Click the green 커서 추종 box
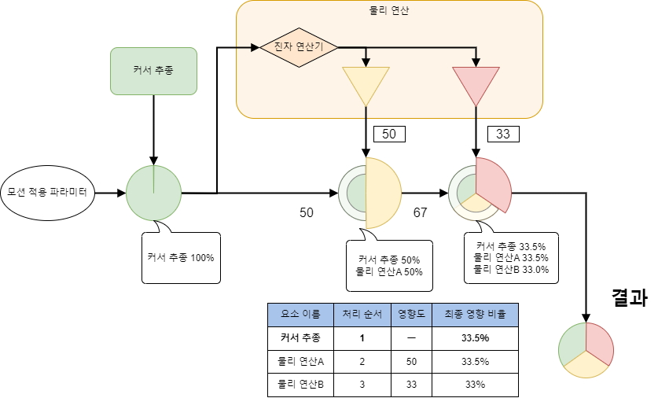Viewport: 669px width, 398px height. pyautogui.click(x=153, y=71)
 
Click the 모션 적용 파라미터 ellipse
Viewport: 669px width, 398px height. pyautogui.click(x=47, y=192)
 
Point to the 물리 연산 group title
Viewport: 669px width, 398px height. pyautogui.click(x=389, y=11)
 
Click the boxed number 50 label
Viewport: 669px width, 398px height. pyautogui.click(x=389, y=135)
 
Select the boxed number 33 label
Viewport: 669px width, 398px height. pyautogui.click(x=503, y=135)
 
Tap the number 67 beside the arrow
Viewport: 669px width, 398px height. pyautogui.click(x=421, y=213)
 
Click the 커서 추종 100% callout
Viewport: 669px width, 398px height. pyautogui.click(x=181, y=257)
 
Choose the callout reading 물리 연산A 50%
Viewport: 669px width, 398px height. pyautogui.click(x=390, y=266)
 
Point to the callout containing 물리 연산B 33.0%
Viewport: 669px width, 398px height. pyautogui.click(x=512, y=257)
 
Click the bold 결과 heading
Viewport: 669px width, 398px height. pyautogui.click(x=629, y=298)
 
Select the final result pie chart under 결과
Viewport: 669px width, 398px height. pyautogui.click(x=586, y=350)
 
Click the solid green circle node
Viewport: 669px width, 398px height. pyautogui.click(x=153, y=193)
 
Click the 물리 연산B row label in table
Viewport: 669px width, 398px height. pyautogui.click(x=300, y=385)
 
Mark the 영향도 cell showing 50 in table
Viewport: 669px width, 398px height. pyautogui.click(x=411, y=362)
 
